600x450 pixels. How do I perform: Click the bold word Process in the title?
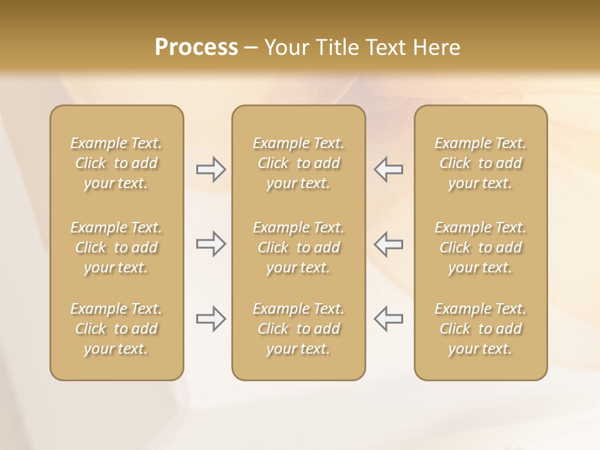coord(196,47)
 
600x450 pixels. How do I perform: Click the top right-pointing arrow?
coord(211,169)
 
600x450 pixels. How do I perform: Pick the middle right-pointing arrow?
coord(211,244)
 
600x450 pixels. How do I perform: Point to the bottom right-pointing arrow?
coord(211,319)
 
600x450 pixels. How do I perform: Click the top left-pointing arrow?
coord(389,169)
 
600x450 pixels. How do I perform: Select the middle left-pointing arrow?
coord(389,244)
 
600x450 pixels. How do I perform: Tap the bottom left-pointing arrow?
coord(389,319)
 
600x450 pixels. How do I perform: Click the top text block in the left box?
coord(116,163)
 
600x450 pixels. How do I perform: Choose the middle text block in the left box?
coord(116,247)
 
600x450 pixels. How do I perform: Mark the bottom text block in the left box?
coord(116,329)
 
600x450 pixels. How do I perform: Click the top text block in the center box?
coord(298,163)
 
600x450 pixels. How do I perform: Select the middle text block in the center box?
coord(298,247)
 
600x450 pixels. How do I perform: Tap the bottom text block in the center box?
coord(298,329)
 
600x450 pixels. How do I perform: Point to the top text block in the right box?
coord(481,163)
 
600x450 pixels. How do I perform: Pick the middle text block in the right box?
coord(481,247)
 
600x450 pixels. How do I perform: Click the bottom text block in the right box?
coord(481,329)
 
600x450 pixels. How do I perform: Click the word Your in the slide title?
coord(283,47)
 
